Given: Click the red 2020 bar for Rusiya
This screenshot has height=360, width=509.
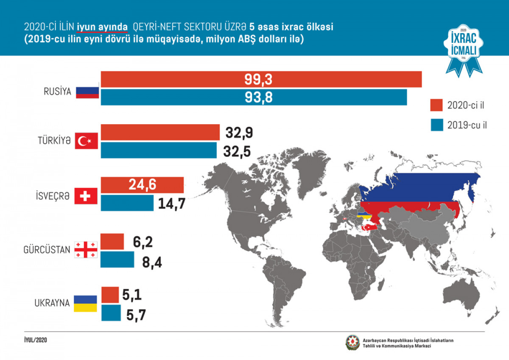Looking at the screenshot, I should click(261, 79).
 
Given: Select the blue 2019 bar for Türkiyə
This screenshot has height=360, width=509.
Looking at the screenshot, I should click(159, 150).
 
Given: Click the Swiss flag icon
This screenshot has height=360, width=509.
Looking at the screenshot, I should click(86, 196).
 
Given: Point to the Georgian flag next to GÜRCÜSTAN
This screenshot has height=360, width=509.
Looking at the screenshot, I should click(86, 250).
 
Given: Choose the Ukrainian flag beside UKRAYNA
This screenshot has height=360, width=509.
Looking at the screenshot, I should click(86, 303).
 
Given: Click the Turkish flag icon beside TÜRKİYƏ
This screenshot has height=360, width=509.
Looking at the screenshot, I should click(86, 141).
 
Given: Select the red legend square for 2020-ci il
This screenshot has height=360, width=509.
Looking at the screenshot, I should click(436, 105).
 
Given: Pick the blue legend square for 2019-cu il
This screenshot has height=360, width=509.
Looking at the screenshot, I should click(436, 125).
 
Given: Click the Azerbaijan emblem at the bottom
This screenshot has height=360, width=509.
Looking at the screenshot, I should click(352, 343).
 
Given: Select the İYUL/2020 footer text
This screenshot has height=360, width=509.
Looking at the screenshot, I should click(36, 340).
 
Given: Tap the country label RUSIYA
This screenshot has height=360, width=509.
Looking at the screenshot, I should click(57, 91).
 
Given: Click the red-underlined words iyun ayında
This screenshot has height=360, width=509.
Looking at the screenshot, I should click(102, 27).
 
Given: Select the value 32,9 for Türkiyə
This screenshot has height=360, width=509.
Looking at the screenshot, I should click(239, 133).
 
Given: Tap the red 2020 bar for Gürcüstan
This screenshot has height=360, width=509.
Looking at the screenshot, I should click(112, 241).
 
